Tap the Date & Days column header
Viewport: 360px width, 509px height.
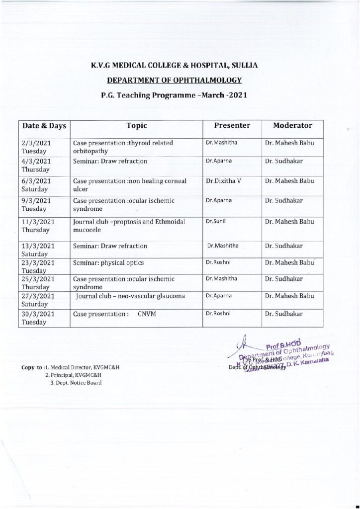[43, 126]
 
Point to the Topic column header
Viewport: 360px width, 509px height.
[137, 126]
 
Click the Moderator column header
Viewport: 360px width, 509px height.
[292, 126]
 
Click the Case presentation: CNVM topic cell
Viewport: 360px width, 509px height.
[115, 314]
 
